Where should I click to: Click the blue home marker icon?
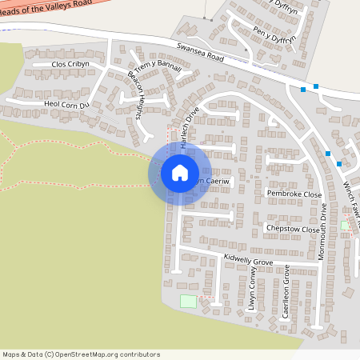point(180,173)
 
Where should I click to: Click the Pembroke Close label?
point(294,194)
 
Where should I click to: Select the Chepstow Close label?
point(293,229)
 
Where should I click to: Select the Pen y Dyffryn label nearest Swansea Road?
point(274,35)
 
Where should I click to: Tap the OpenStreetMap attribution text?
point(81,354)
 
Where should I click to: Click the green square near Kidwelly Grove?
point(188,302)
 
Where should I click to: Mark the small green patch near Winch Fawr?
point(345,226)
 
